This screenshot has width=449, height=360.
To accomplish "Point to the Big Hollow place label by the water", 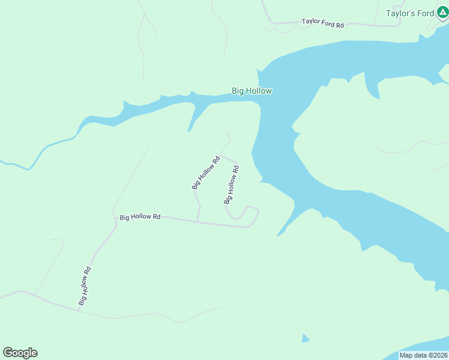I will pyautogui.click(x=252, y=91).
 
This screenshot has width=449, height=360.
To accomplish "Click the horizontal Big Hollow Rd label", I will pyautogui.click(x=140, y=217).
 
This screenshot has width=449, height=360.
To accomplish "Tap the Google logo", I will pyautogui.click(x=20, y=353).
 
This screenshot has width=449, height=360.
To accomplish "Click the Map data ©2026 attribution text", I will pyautogui.click(x=423, y=355).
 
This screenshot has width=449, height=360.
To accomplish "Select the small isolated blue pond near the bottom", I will pyautogui.click(x=306, y=339).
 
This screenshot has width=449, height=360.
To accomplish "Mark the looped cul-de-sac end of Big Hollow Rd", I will pyautogui.click(x=249, y=214).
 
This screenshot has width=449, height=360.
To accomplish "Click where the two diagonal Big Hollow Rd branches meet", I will pyautogui.click(x=221, y=155).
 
